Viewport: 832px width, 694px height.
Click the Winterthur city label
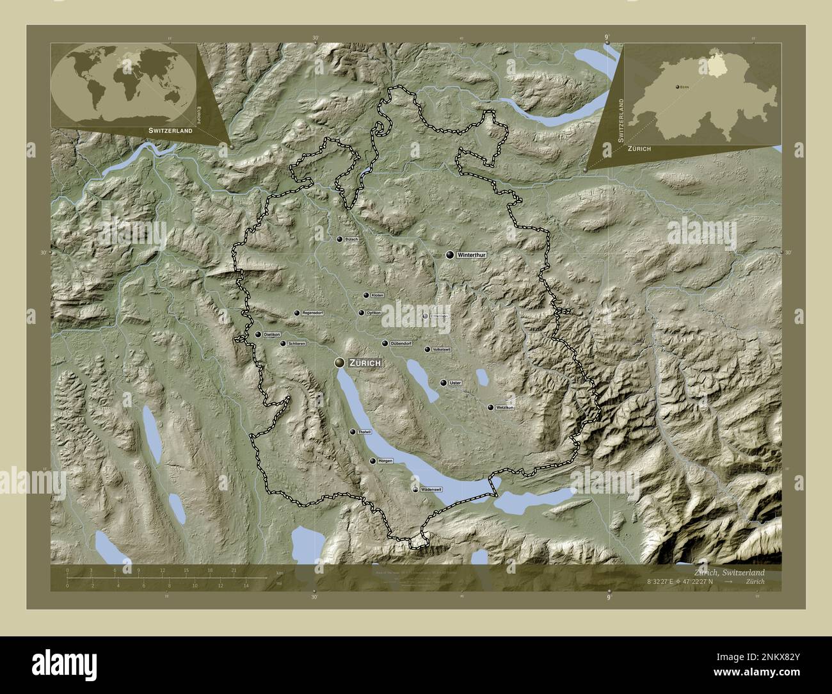472,255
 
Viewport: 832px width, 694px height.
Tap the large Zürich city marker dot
339,363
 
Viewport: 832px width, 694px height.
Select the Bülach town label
351,239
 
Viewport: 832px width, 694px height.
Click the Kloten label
377,295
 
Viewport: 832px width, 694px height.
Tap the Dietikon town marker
258,334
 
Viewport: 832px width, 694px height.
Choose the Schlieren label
297,344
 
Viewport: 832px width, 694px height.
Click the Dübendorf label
401,344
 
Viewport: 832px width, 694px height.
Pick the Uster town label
455,383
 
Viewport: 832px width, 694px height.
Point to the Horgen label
385,461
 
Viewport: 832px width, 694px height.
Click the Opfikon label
374,313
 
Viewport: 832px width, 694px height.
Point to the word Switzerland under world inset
170,130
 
